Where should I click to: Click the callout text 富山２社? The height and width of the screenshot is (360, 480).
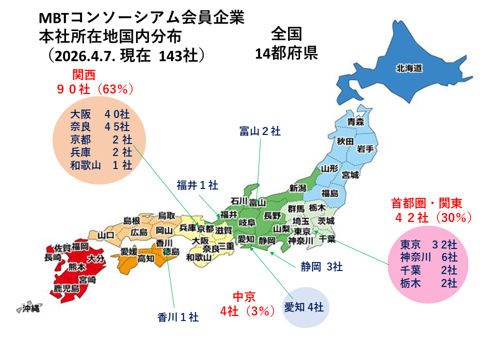260,131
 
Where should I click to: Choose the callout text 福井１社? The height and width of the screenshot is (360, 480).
197,185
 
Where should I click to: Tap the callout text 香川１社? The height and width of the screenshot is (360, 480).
178,317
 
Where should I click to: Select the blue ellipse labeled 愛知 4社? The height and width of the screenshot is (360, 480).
304,307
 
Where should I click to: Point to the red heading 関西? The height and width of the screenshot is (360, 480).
83,75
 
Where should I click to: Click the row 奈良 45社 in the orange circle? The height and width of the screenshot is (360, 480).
100,126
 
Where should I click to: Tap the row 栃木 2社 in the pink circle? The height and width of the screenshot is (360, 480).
428,283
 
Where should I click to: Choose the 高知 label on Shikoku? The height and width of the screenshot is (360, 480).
146,258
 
